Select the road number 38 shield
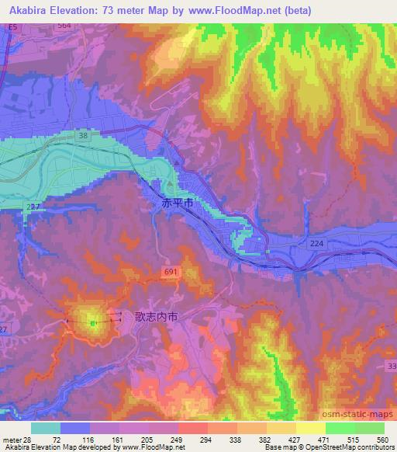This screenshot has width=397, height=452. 81,135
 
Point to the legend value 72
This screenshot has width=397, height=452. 56,439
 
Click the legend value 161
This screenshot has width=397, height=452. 125,439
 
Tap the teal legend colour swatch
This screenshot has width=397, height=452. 46,428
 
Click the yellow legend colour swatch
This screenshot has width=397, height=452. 310,428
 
